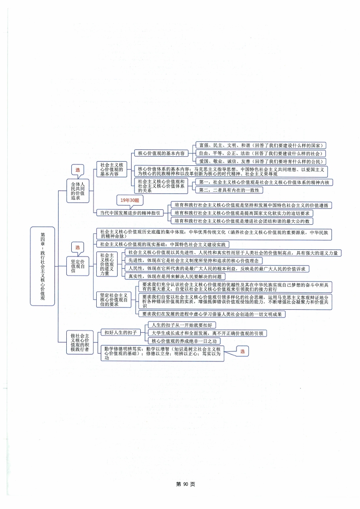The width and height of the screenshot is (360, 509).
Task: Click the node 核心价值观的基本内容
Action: coord(161,153)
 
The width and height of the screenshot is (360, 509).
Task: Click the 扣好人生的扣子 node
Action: coord(120,333)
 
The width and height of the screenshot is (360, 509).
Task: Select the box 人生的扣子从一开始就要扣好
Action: coord(181,325)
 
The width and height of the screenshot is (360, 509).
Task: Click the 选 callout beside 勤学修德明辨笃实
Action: coord(242,351)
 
